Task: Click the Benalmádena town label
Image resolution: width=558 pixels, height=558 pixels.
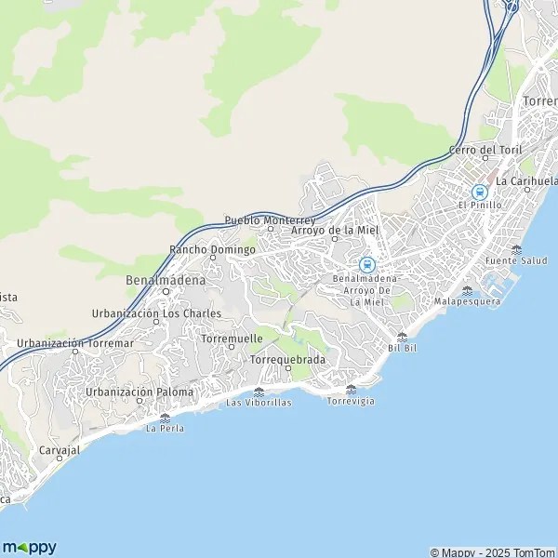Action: pyautogui.click(x=166, y=278)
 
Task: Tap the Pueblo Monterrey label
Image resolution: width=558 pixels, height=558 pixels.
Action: pyautogui.click(x=270, y=220)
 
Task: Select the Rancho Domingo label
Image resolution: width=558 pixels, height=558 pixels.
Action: pyautogui.click(x=212, y=249)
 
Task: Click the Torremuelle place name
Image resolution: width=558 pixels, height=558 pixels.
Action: pyautogui.click(x=231, y=339)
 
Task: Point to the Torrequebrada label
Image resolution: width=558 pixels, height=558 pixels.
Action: pyautogui.click(x=288, y=358)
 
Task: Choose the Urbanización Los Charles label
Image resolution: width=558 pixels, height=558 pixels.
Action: pyautogui.click(x=157, y=312)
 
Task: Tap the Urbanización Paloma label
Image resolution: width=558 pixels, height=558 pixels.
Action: pyautogui.click(x=139, y=392)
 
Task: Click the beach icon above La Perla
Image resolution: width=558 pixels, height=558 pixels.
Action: pyautogui.click(x=165, y=418)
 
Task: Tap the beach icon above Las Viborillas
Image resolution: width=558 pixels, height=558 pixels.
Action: pyautogui.click(x=259, y=392)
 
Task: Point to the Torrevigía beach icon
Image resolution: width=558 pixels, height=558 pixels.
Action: pyautogui.click(x=351, y=389)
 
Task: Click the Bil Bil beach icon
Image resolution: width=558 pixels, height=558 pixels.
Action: pyautogui.click(x=402, y=337)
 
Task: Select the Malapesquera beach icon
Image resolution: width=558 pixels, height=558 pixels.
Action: pyautogui.click(x=467, y=290)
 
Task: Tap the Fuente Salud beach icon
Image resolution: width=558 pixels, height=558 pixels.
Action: pyautogui.click(x=516, y=249)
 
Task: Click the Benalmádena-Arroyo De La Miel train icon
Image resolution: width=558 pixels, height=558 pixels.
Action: pyautogui.click(x=366, y=264)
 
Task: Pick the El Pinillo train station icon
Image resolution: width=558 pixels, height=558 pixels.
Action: pyautogui.click(x=480, y=192)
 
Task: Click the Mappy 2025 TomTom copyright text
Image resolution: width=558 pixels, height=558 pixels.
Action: pyautogui.click(x=492, y=551)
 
